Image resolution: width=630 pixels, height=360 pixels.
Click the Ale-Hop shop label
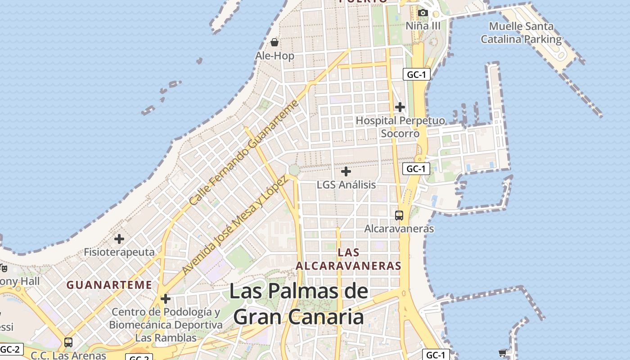coord(274,56)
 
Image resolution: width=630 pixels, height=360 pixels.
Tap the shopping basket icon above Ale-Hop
coord(274,42)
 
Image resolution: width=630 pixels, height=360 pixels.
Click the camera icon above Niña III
coord(423,13)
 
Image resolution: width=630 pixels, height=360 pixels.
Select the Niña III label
coord(423,26)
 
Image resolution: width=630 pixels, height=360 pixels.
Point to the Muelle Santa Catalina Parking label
coord(521,33)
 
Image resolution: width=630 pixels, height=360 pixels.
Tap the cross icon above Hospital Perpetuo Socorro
coord(400,107)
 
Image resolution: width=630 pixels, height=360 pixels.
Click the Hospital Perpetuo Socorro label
coord(400,127)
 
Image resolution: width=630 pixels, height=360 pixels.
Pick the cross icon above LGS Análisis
coord(346,171)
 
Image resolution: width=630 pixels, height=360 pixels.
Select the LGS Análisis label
coord(346,184)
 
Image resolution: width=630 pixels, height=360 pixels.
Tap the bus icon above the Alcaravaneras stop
coord(399,215)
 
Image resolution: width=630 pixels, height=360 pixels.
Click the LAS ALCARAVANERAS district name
coord(348,259)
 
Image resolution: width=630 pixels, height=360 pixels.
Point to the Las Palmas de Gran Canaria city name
coord(299,304)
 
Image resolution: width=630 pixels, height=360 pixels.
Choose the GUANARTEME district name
coord(109,285)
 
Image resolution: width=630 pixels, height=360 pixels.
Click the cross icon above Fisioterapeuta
coord(119,238)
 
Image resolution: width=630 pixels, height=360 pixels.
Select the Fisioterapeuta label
coord(119,252)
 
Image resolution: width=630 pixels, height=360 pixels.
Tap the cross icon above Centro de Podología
coord(166,298)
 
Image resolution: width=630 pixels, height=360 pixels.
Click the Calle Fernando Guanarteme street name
coord(244,153)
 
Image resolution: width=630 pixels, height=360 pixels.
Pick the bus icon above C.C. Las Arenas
coord(68,342)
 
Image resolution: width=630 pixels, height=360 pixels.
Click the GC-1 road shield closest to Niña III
coord(416,75)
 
